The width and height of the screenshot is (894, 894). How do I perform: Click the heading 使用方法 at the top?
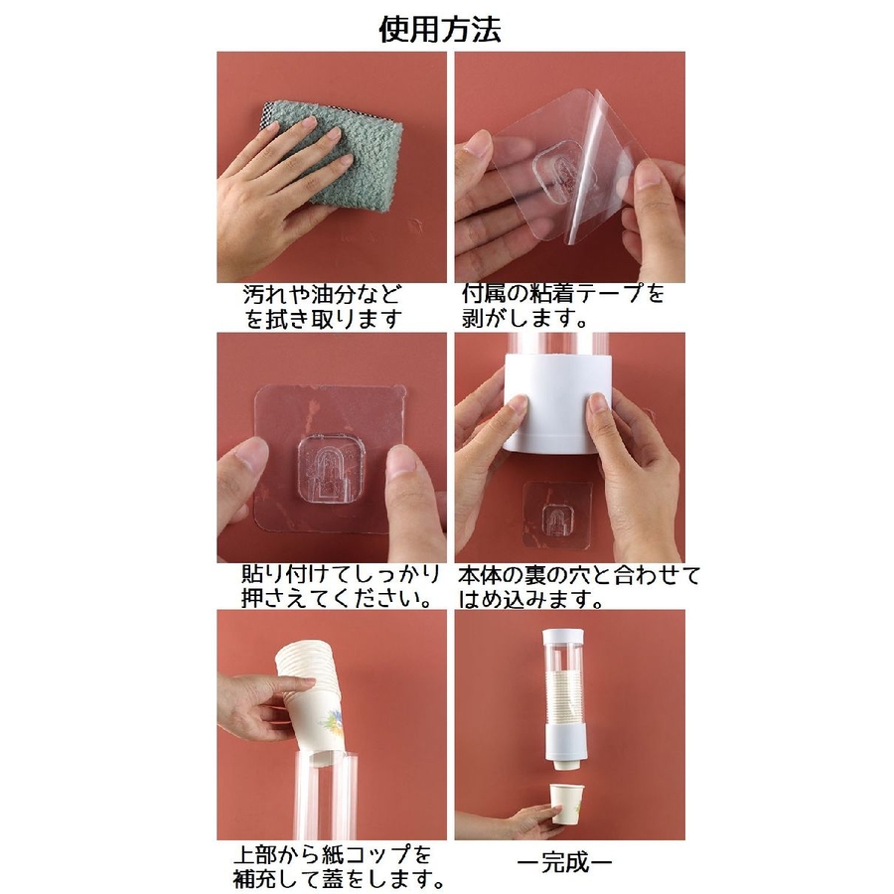(440, 29)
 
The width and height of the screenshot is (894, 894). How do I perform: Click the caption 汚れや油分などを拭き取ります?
(323, 307)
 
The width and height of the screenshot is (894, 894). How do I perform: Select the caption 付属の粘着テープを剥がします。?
(563, 306)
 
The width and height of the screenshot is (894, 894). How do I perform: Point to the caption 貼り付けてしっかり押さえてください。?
(341, 586)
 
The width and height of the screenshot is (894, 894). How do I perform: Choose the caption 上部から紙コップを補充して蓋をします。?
(339, 867)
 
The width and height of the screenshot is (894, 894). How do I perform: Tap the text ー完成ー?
(564, 862)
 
